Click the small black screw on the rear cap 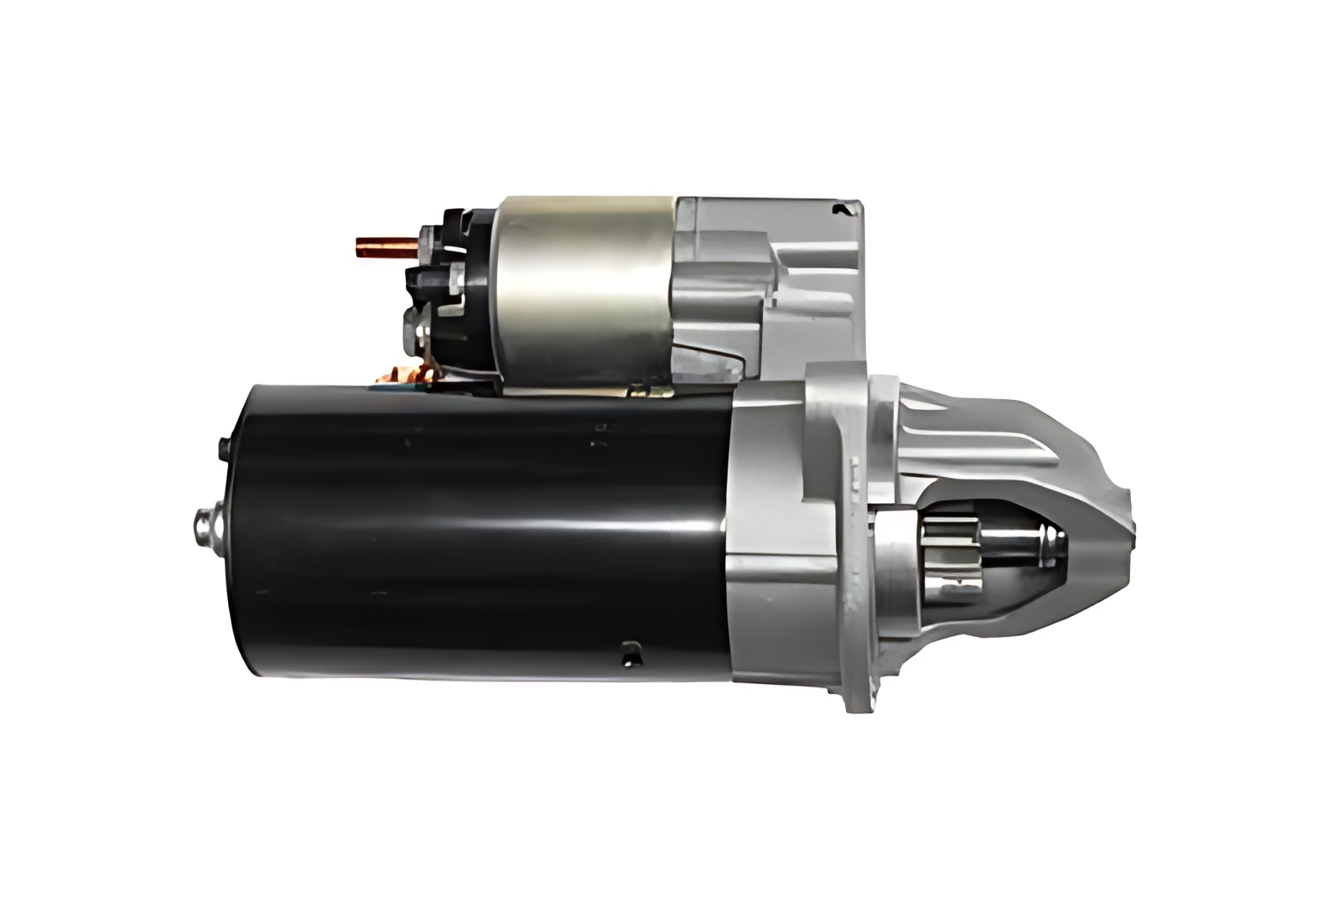point(222,448)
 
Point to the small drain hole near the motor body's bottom point(630,653)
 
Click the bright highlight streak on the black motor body point(503,525)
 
